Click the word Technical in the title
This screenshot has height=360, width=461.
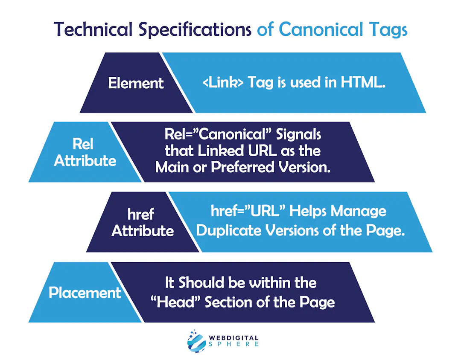(x=93, y=29)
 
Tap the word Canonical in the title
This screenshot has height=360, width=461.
(x=321, y=29)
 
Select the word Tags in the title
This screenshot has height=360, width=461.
(x=388, y=31)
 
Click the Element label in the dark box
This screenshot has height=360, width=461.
(x=136, y=83)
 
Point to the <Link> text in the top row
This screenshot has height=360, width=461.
(x=223, y=82)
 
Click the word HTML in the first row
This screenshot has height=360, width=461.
(x=363, y=82)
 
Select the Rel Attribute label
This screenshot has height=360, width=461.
(x=85, y=152)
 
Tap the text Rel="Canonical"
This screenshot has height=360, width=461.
(x=218, y=134)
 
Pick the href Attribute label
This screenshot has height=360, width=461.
(x=143, y=223)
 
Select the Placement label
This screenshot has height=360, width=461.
(x=85, y=293)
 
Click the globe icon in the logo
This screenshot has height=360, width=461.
(x=196, y=341)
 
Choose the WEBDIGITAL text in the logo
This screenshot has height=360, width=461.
(x=234, y=338)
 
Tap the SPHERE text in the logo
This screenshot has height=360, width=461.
(x=234, y=344)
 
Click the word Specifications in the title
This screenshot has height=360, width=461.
(x=195, y=30)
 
